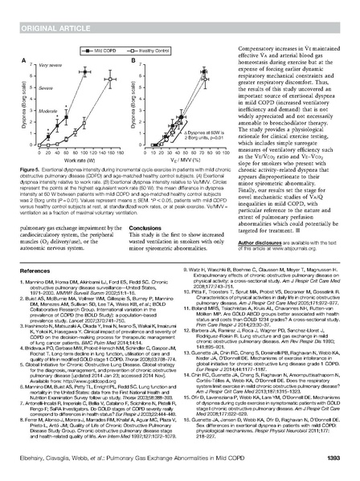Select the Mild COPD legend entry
tap(106, 50)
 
